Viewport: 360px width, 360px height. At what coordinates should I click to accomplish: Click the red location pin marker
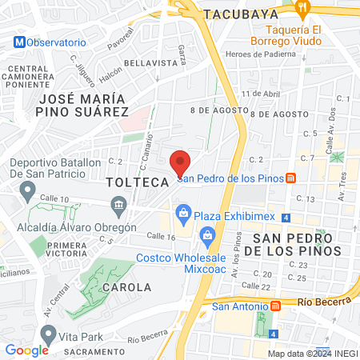click(x=180, y=162)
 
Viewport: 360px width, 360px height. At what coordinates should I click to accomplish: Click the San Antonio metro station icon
click(x=276, y=305)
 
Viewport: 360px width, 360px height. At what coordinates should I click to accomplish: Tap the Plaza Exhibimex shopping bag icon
click(x=184, y=214)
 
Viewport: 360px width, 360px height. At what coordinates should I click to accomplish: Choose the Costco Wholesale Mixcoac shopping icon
click(x=207, y=235)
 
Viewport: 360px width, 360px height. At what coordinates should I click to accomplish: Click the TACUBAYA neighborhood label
click(x=240, y=14)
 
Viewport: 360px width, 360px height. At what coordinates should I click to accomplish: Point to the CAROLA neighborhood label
click(x=126, y=286)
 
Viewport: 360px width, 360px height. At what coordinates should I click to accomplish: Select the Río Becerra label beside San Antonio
click(x=323, y=302)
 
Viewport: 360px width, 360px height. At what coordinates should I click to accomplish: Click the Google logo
click(x=26, y=350)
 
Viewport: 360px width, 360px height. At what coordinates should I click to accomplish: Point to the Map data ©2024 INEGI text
click(x=311, y=354)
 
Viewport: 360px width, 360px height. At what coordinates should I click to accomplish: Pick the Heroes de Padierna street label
click(x=262, y=53)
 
